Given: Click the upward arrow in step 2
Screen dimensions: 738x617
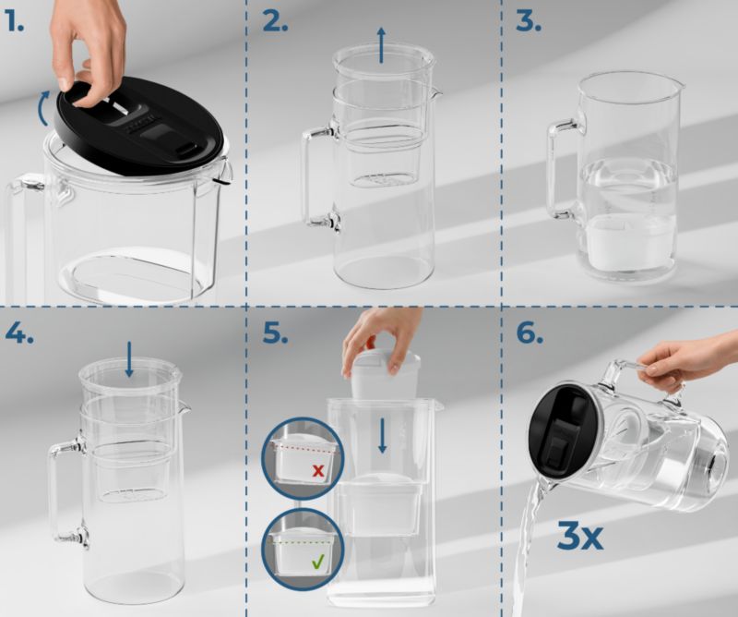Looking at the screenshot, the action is [381, 45].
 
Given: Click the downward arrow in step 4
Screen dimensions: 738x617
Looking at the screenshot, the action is [129, 359].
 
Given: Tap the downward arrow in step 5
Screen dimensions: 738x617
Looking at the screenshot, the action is [383, 436].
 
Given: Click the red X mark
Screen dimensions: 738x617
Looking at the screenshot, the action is [318, 470].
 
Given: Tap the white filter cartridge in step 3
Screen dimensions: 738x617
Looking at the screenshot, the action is [625, 242].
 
